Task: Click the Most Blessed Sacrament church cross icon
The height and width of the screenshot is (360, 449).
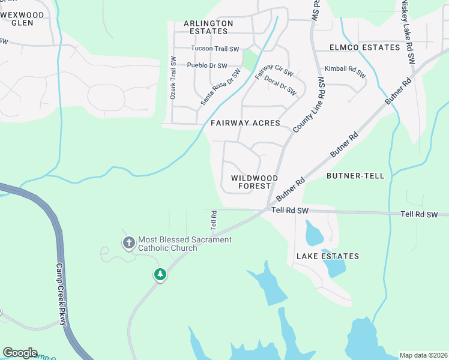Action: coord(128,243)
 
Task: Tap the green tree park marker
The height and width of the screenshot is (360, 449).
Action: coord(160,275)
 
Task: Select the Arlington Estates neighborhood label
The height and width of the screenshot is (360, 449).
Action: coord(208,27)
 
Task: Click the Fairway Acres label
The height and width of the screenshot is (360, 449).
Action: coord(246,123)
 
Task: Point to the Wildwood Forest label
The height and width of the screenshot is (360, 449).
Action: coord(255,182)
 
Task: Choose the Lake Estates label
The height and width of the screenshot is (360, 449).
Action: coord(328,256)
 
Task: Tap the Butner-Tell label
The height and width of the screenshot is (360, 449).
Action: coord(351,176)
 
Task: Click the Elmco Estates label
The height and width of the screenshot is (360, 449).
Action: coord(364,47)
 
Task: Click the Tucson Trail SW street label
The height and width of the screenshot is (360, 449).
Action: coord(215,49)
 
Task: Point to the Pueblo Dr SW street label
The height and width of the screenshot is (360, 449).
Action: coord(207,66)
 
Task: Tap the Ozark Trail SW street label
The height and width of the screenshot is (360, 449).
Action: coord(173,78)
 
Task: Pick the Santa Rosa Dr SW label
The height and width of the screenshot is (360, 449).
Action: coord(220,87)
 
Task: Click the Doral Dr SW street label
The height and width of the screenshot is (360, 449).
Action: coord(280,85)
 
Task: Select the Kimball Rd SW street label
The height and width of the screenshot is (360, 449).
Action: coord(345,72)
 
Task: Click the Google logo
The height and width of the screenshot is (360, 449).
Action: coord(20,353)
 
